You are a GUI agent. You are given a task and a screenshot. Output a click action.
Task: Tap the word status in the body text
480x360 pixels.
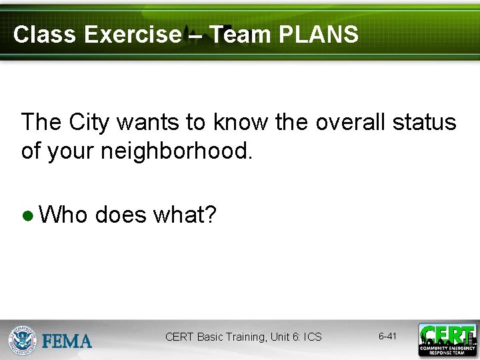pos(425,123)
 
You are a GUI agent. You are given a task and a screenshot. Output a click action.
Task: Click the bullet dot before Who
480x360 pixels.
pos(27,216)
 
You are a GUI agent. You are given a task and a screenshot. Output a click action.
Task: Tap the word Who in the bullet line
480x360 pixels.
pos(63,215)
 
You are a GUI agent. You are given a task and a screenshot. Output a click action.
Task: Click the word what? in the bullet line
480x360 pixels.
pos(185,215)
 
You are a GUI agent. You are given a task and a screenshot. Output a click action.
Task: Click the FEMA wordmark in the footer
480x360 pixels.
pos(67,341)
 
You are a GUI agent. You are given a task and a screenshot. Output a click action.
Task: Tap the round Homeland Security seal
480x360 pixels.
pos(22,340)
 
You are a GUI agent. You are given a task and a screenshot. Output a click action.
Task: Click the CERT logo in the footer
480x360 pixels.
pos(447,339)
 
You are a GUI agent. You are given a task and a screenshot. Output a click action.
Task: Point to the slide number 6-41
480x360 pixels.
pos(387,337)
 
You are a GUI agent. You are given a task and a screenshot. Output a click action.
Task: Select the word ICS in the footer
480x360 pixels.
pos(312,337)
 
